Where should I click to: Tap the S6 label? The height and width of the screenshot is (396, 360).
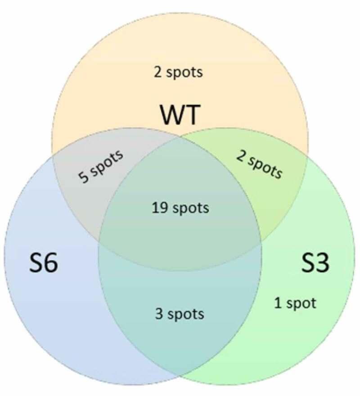44,264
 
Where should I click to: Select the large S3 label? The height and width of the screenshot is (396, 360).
315,264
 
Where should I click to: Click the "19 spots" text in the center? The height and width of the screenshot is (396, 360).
180,208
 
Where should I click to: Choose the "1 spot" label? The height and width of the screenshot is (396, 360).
295,303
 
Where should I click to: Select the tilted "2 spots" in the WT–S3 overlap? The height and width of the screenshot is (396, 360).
259,164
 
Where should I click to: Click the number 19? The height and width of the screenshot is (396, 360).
158,208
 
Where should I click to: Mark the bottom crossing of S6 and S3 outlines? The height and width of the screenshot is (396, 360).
180,375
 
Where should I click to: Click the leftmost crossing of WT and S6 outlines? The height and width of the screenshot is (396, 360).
52,155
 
